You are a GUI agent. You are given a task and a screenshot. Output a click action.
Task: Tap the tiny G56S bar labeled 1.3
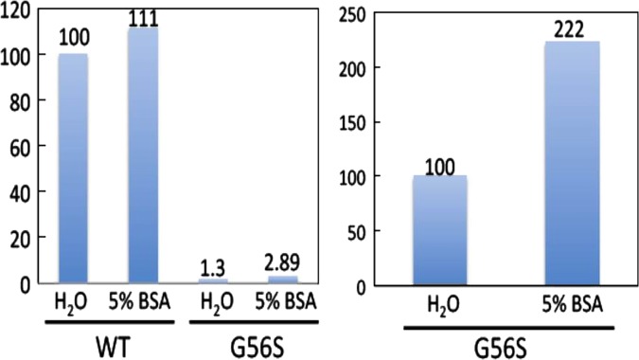pos(213,281)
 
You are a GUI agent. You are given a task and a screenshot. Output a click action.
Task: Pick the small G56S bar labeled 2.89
pos(281,279)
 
